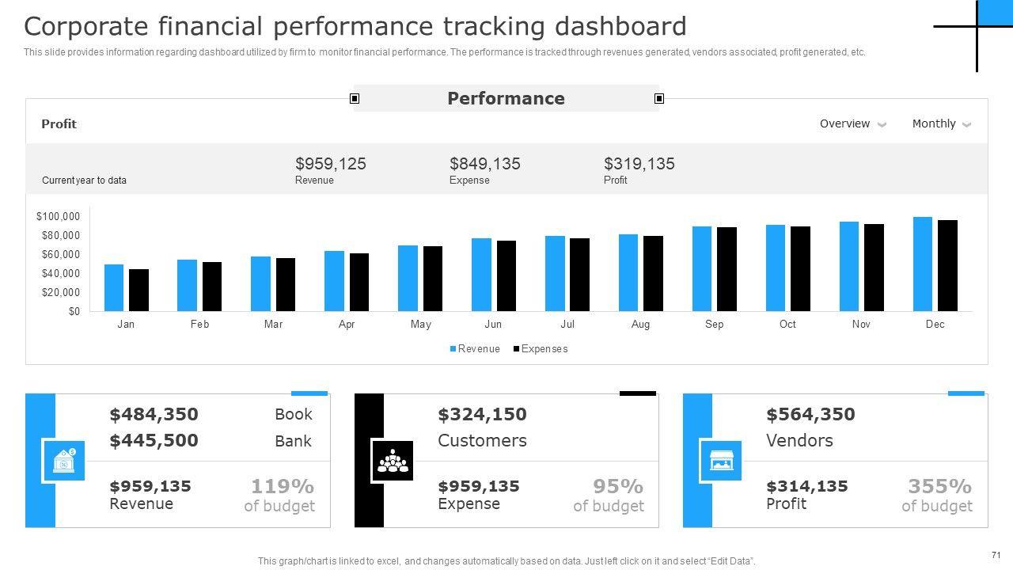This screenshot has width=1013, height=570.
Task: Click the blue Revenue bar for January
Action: point(114,287)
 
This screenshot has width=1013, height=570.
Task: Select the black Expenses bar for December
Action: point(947,265)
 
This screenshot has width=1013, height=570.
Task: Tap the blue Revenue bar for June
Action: point(481,275)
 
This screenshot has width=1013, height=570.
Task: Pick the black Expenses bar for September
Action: point(727,269)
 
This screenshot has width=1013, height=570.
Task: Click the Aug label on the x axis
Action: point(640,325)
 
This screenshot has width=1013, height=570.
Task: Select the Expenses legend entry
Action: point(541,349)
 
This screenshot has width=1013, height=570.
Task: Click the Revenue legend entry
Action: point(475,349)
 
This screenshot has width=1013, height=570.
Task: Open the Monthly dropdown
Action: point(941,123)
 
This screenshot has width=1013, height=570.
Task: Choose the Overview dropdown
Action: point(852,123)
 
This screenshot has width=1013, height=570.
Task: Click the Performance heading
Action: point(506,98)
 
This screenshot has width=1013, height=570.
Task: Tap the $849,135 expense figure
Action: point(485,164)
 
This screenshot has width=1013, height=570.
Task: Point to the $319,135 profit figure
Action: point(639,164)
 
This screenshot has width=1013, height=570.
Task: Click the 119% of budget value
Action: point(283,486)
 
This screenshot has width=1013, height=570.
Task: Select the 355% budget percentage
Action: point(939,486)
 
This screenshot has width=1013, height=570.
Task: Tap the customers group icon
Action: point(393,461)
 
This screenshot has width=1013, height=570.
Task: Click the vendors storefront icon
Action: point(720,461)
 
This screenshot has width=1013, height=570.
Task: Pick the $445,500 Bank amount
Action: point(154,441)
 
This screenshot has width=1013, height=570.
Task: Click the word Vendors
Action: point(799,441)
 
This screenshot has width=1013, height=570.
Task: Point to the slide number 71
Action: point(996,555)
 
